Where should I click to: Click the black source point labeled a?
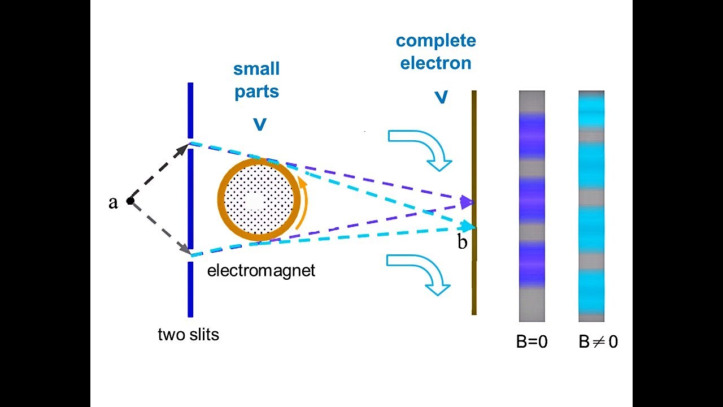(130, 201)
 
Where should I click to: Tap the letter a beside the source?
(114, 202)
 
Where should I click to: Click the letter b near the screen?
(463, 243)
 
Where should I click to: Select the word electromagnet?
(261, 270)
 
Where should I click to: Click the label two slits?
(188, 335)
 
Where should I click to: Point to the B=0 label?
(532, 341)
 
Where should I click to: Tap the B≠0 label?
(598, 341)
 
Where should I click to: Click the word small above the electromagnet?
(256, 70)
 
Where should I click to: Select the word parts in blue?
(257, 92)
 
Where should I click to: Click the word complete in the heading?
(435, 41)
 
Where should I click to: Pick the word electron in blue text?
(435, 63)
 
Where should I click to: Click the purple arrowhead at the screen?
(467, 202)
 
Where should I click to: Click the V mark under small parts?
(259, 124)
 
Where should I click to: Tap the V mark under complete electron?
(441, 97)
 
